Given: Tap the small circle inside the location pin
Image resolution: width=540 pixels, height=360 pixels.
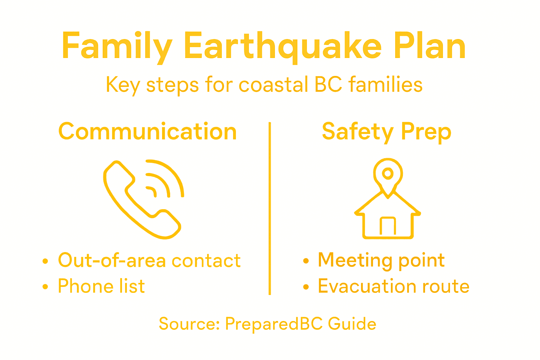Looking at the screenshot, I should pyautogui.click(x=388, y=173).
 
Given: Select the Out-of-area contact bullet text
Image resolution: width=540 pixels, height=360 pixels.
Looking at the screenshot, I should pyautogui.click(x=149, y=261).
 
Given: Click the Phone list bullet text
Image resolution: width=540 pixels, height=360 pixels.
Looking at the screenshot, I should pyautogui.click(x=101, y=286).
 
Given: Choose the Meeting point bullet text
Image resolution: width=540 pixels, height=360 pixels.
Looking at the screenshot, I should pyautogui.click(x=381, y=260).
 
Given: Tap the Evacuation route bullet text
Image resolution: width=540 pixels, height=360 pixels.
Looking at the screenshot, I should pyautogui.click(x=393, y=286).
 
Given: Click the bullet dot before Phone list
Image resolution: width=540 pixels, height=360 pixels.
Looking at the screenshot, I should pyautogui.click(x=45, y=287).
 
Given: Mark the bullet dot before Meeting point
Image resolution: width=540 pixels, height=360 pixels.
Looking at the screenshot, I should pyautogui.click(x=306, y=261).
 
